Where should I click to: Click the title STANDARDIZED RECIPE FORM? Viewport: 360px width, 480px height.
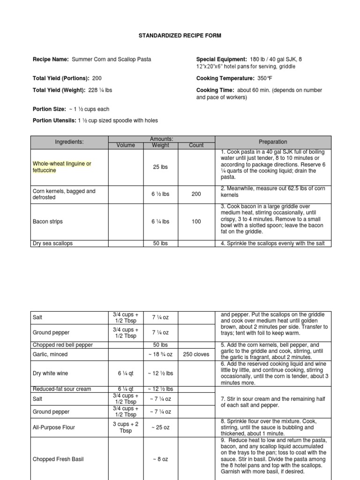click(x=180, y=36)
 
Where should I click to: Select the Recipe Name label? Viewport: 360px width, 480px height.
click(x=51, y=60)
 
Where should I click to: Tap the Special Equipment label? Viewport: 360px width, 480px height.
click(x=221, y=60)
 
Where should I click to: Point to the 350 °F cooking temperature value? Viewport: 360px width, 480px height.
click(x=266, y=78)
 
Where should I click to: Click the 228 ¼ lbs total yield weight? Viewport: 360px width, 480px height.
click(x=101, y=90)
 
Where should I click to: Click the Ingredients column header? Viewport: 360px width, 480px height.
click(x=69, y=142)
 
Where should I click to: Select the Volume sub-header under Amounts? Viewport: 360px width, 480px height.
click(x=126, y=145)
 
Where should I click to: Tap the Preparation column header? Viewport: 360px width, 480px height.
click(x=273, y=142)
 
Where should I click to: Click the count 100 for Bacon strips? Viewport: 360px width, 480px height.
click(x=196, y=222)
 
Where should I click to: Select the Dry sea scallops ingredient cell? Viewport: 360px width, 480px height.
click(x=52, y=243)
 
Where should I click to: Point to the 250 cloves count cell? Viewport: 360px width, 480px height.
click(x=196, y=355)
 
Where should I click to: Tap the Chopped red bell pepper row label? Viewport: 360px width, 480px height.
click(x=62, y=345)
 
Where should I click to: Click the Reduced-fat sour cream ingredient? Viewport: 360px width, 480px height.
click(x=62, y=389)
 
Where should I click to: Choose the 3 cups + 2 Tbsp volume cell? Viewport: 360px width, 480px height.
click(x=126, y=427)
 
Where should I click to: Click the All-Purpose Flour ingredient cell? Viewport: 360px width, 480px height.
click(x=53, y=427)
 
